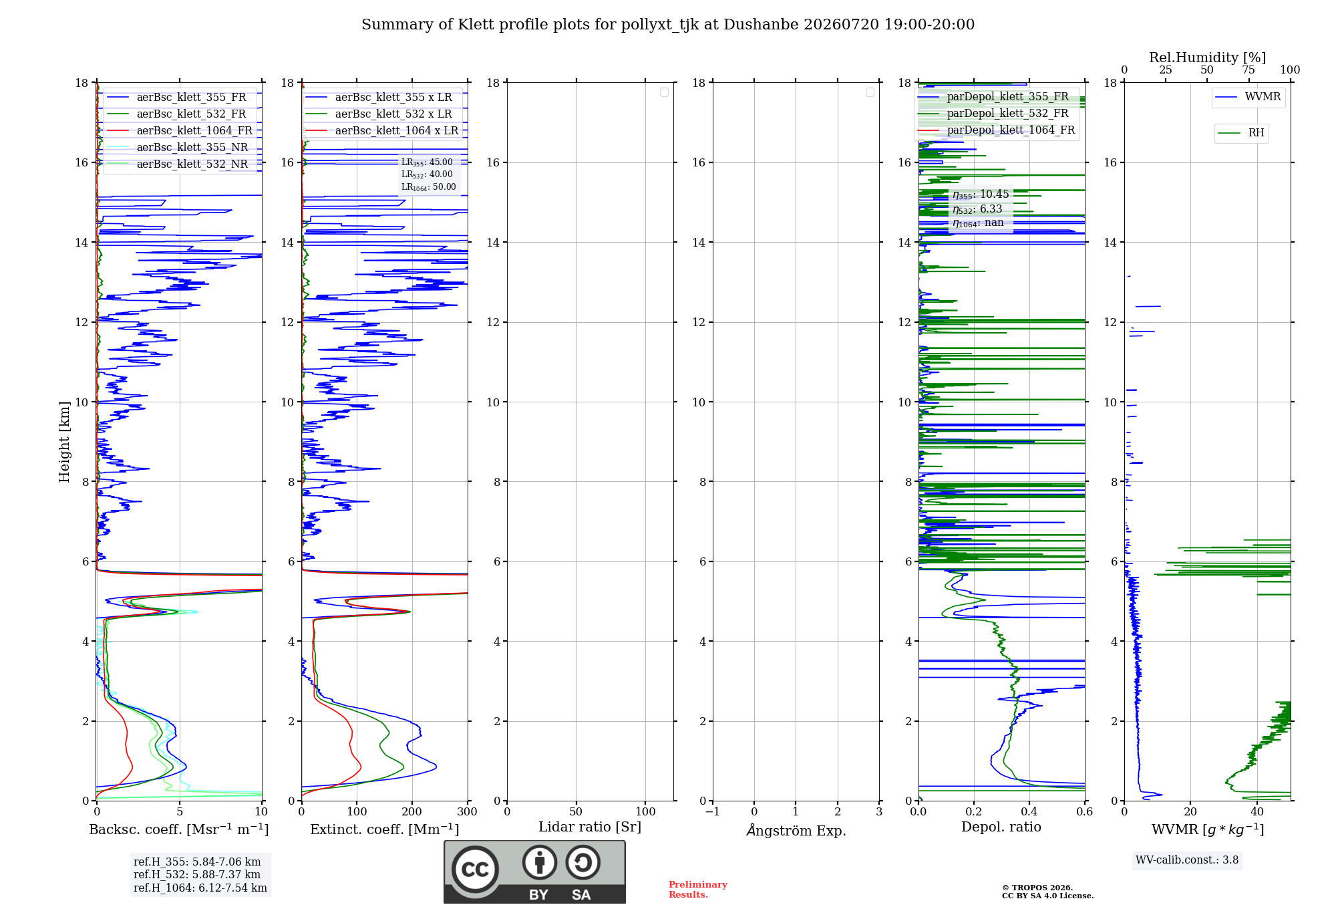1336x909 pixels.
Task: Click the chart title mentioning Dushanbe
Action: pyautogui.click(x=668, y=25)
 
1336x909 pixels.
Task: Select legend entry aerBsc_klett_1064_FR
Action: pyautogui.click(x=180, y=131)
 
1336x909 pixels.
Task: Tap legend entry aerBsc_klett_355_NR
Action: pyautogui.click(x=178, y=148)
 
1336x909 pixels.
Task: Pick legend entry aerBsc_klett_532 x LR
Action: pyautogui.click(x=379, y=114)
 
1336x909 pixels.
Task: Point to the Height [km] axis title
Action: pyautogui.click(x=64, y=442)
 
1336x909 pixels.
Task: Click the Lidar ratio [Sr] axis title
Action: pyautogui.click(x=590, y=827)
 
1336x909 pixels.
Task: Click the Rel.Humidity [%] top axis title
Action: pyautogui.click(x=1208, y=57)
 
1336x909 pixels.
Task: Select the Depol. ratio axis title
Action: pyautogui.click(x=1001, y=827)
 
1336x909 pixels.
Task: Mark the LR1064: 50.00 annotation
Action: pyautogui.click(x=429, y=187)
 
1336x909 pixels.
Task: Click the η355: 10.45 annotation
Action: pyautogui.click(x=981, y=194)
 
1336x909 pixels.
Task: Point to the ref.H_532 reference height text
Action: pyautogui.click(x=197, y=875)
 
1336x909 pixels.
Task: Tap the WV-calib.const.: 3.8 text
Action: pyautogui.click(x=1187, y=860)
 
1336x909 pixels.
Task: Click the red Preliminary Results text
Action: pyautogui.click(x=698, y=890)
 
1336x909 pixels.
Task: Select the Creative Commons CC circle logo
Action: pyautogui.click(x=475, y=870)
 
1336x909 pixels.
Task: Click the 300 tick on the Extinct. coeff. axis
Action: pyautogui.click(x=468, y=812)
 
